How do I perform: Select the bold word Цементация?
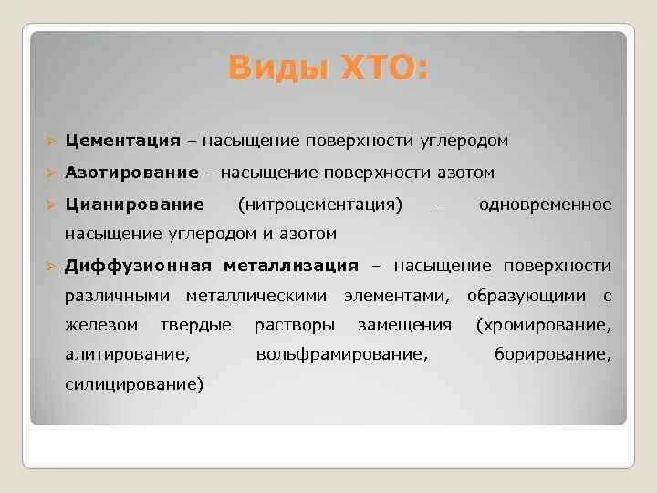click(122, 141)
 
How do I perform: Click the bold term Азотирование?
click(131, 172)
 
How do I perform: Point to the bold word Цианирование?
click(134, 204)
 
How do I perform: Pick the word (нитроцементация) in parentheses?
click(319, 204)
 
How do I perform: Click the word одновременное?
click(545, 204)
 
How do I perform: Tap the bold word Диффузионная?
click(138, 266)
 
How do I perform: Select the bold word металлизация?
click(290, 266)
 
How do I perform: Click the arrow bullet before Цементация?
click(52, 142)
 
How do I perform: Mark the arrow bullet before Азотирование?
click(52, 173)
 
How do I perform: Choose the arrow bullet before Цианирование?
click(52, 205)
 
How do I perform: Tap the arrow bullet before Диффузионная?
click(52, 267)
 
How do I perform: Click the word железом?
click(101, 324)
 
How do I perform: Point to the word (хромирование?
click(543, 324)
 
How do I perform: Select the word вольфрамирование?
click(342, 354)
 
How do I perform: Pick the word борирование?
click(553, 354)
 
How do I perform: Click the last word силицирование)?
click(134, 384)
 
